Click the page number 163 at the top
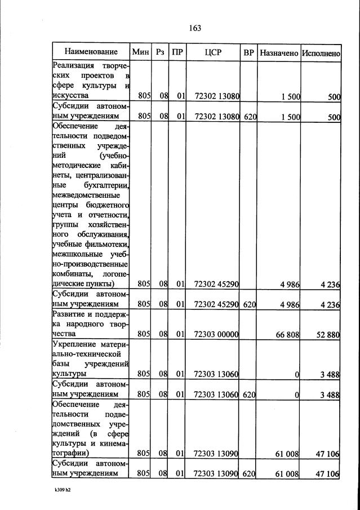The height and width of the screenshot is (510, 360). [195, 28]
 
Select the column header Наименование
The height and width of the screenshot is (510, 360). [91, 52]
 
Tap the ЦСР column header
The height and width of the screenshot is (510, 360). [213, 52]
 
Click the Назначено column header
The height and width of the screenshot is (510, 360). [278, 52]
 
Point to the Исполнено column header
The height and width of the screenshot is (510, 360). [321, 52]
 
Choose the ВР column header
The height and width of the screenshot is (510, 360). [248, 52]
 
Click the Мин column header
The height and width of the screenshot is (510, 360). [140, 52]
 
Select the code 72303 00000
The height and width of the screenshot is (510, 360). [216, 334]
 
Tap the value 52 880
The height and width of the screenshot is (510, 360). [328, 335]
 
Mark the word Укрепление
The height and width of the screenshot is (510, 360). [75, 344]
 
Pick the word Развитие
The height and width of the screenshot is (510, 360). [69, 314]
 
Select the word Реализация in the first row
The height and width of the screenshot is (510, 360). [75, 66]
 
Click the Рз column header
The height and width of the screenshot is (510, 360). [161, 52]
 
